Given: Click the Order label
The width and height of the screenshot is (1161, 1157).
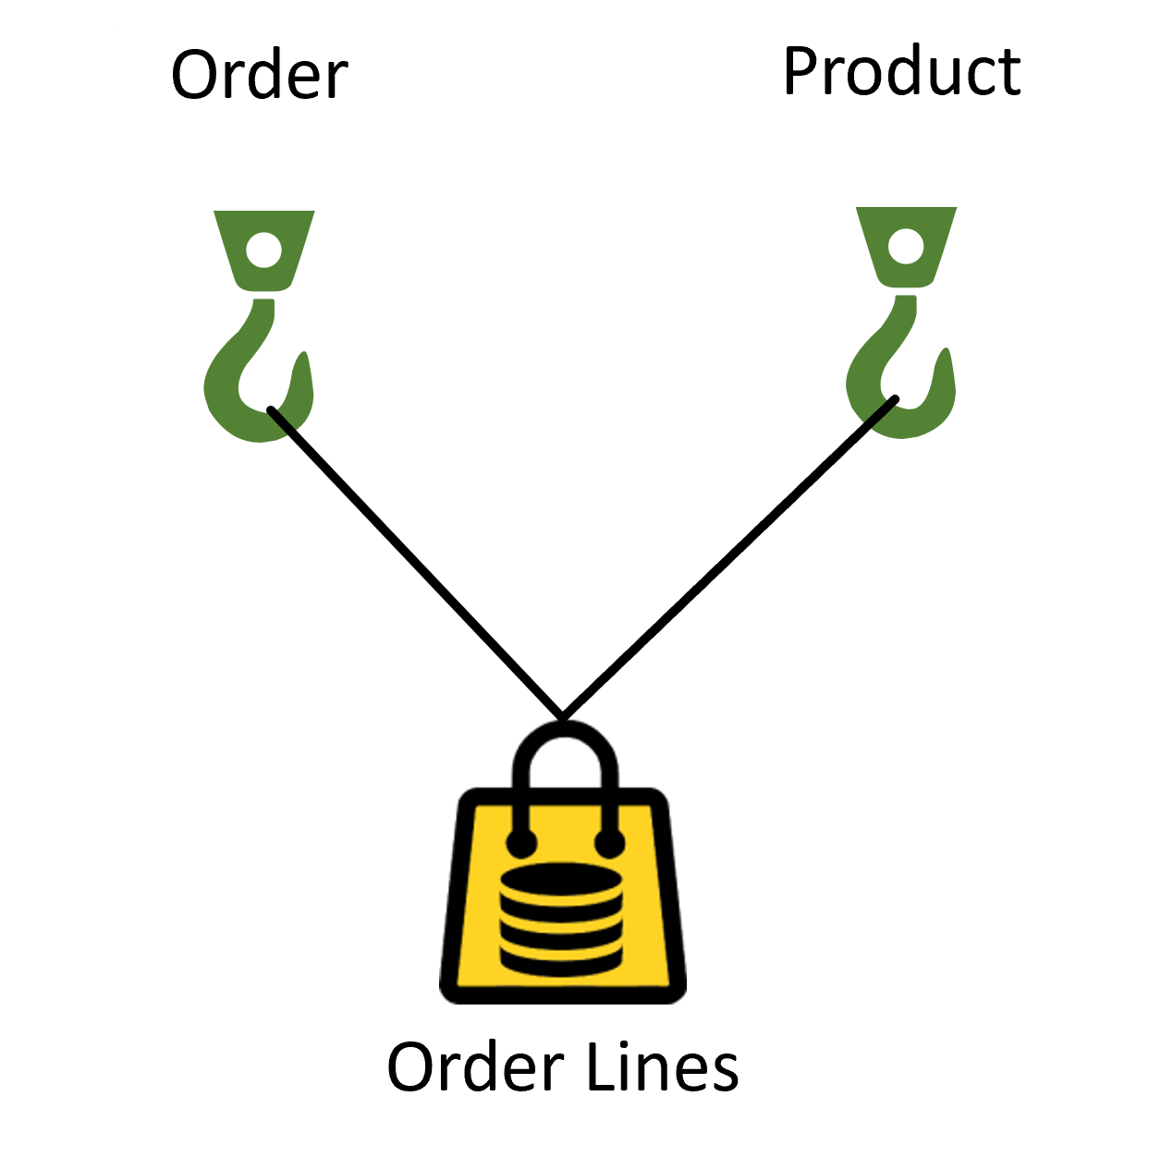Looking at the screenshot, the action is (260, 76).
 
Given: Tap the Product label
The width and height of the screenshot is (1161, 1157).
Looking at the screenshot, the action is (901, 71).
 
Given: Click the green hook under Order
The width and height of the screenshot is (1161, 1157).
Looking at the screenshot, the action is (259, 370).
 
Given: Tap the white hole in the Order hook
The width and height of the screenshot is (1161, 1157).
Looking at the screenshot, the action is (263, 250).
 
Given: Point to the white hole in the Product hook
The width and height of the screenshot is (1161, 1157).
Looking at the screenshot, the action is (905, 246).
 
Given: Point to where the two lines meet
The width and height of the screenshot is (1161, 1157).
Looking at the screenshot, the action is (561, 715).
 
